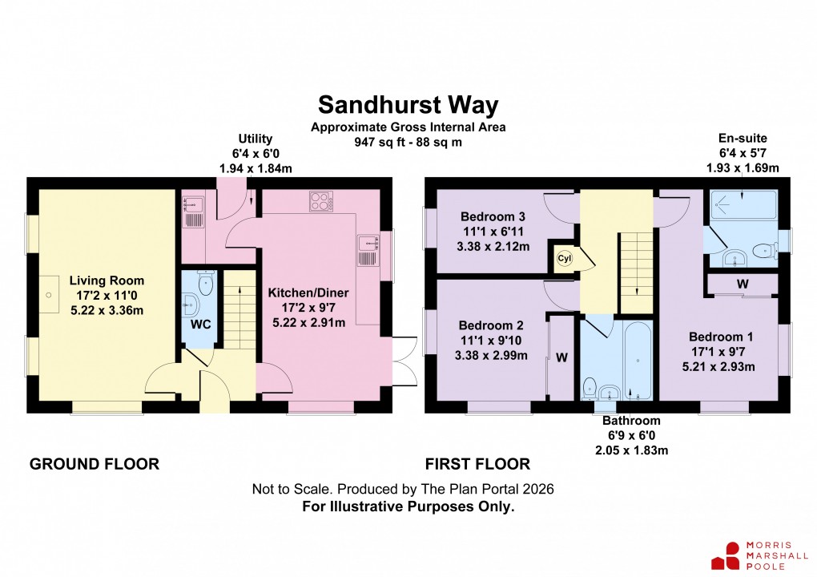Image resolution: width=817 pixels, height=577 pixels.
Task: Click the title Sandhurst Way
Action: point(408,105)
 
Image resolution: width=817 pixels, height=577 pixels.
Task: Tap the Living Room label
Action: point(107,280)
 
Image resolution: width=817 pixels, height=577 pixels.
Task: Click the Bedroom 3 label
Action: point(493,216)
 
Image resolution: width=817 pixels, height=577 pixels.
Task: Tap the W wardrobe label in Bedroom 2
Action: point(561,357)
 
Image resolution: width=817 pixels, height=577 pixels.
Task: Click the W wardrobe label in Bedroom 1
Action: point(743,284)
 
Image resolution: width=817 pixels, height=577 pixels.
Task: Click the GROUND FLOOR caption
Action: point(95,463)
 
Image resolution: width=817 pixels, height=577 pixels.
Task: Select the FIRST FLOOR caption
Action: point(477,463)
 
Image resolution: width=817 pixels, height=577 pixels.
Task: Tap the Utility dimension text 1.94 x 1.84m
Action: point(256,169)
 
